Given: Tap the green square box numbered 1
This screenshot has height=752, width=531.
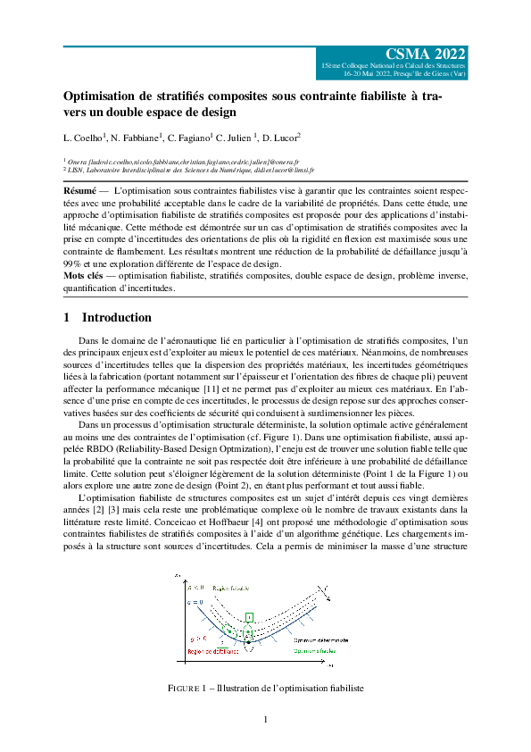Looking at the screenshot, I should [x=250, y=617].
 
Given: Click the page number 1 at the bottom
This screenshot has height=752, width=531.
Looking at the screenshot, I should [x=265, y=721].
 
